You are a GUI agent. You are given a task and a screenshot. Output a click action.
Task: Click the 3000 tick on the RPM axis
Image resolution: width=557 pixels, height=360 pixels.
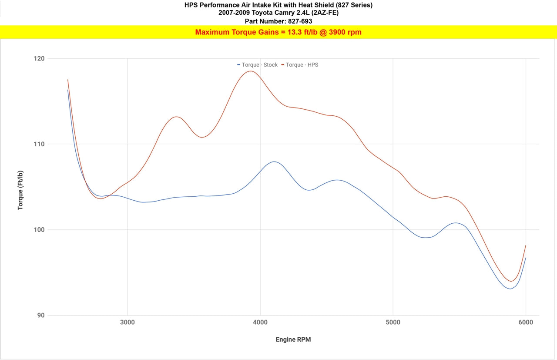pos(127,322)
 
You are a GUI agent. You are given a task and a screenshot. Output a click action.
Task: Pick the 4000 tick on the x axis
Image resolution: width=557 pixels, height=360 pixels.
pos(260,322)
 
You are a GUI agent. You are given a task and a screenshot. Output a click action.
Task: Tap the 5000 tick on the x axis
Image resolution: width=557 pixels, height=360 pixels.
pos(393,322)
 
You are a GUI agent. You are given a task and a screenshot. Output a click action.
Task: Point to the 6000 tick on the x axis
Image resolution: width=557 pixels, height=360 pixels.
pos(526,322)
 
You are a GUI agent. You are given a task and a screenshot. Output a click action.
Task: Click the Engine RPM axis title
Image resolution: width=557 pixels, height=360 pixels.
pos(293,340)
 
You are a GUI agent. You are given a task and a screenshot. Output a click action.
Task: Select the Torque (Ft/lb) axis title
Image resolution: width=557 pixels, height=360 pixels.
pos(20,190)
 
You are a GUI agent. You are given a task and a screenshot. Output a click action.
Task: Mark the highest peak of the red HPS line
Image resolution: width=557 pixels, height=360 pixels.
pos(251,71)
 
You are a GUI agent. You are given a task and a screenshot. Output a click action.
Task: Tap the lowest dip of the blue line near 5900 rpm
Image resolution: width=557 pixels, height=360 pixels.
pos(510,289)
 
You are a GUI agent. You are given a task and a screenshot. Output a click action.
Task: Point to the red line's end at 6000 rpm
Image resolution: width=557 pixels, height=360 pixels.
pos(526,246)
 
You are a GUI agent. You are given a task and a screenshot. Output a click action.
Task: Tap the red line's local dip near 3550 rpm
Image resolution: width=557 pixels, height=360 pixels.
pos(202,137)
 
